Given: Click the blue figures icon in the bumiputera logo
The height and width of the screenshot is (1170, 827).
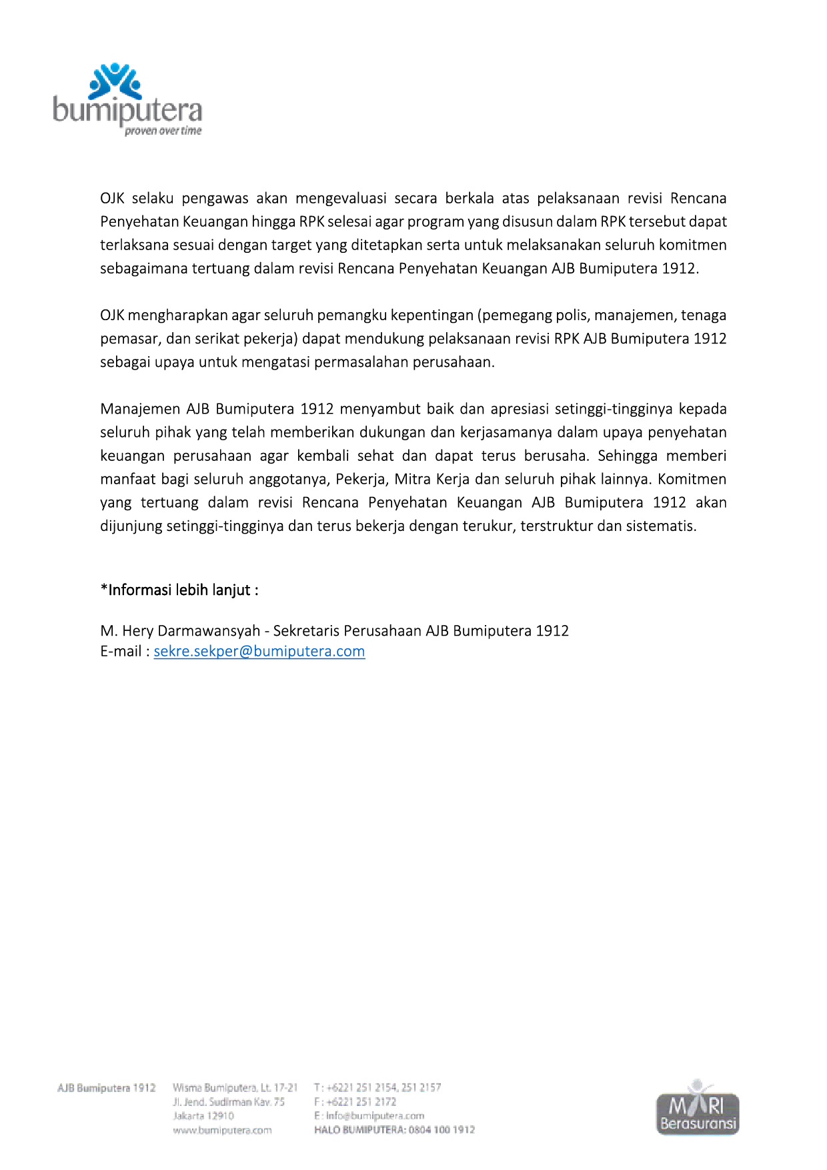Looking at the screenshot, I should (115, 81).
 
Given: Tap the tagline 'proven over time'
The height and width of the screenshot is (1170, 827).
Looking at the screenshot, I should (163, 131).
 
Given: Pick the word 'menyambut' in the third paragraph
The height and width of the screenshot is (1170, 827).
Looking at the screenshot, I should (378, 409).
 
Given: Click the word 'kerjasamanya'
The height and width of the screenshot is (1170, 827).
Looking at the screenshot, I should (506, 432).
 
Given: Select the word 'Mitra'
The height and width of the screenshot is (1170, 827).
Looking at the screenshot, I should (414, 479).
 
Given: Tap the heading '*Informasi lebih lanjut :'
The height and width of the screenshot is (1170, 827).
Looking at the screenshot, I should (179, 590).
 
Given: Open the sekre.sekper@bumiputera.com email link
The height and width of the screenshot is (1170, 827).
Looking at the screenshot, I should (259, 652).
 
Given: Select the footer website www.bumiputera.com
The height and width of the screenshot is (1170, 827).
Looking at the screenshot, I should (222, 1130).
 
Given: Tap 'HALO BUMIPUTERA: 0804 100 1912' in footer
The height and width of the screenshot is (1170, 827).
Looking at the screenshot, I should (394, 1130).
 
